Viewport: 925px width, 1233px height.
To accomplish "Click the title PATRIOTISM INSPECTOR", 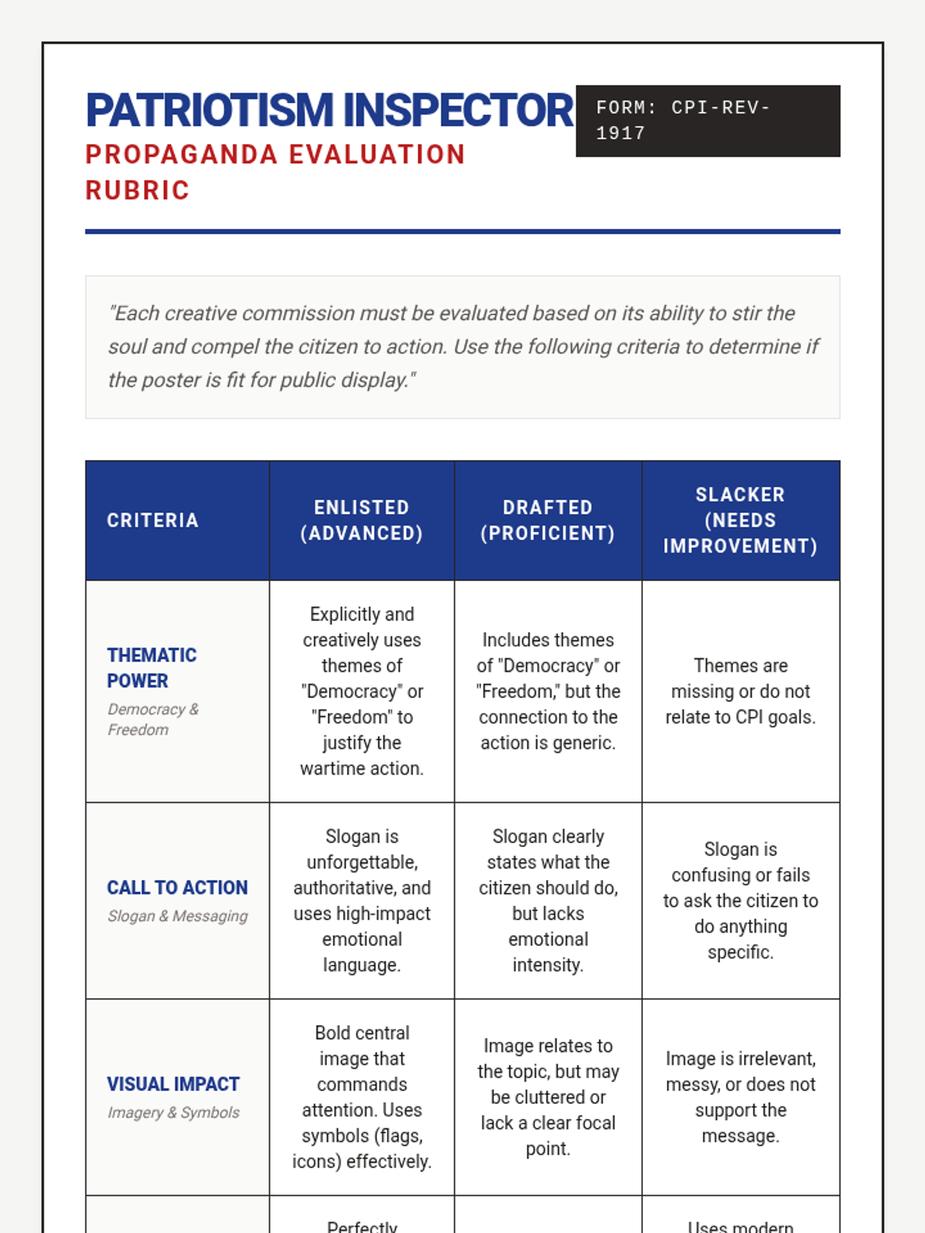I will click(329, 110).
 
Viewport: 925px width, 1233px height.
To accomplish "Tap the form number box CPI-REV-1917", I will click(707, 121).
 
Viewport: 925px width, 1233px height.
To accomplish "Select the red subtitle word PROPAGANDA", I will click(181, 155).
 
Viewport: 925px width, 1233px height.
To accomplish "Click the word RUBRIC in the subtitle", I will click(137, 190).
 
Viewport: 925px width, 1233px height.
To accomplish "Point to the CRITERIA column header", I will click(153, 520).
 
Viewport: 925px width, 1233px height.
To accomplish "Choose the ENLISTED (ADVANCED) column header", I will click(362, 520).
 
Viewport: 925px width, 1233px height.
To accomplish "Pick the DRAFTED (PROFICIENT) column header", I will click(547, 520).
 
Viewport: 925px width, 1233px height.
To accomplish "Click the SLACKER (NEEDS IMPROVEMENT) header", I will click(740, 520).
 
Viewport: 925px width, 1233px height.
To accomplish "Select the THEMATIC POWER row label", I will click(152, 667).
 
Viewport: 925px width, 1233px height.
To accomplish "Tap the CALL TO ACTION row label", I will click(177, 888).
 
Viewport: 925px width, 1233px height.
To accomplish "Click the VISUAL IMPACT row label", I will click(173, 1084).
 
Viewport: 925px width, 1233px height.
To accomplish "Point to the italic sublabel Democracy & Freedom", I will click(153, 719).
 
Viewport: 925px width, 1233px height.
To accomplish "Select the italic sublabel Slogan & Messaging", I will click(177, 916).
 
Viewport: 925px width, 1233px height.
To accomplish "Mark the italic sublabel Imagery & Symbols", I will click(173, 1113).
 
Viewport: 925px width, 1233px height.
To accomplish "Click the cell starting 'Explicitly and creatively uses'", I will click(362, 690).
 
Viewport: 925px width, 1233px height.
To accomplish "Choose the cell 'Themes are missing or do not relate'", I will click(740, 690).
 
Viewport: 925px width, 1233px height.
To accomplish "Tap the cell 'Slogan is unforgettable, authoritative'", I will click(362, 900).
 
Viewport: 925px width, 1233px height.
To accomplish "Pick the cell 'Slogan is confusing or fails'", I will click(740, 900).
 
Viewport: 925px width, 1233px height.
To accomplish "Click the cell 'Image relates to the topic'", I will click(547, 1097).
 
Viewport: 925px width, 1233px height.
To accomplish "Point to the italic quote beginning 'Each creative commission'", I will click(462, 347).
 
